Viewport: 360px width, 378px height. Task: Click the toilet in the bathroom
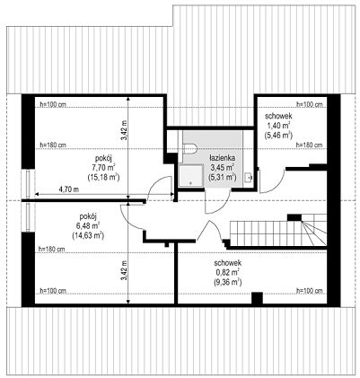coord(190,148)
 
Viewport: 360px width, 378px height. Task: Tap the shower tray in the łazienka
coord(191,176)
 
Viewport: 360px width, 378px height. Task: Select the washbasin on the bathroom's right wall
coord(249,177)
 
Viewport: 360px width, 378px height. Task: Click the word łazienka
coord(222,158)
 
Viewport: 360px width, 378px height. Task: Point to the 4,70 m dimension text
coord(69,189)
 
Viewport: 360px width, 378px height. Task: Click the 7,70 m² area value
coord(104,167)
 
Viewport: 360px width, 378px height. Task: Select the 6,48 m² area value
coord(88,225)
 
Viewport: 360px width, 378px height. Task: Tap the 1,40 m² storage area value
coord(278,126)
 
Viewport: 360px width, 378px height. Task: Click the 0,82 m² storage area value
coord(228,272)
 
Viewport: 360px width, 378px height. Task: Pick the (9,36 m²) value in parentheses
coord(228,282)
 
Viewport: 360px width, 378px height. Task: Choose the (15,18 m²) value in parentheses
coord(104,177)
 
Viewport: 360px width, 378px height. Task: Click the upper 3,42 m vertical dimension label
coord(124,130)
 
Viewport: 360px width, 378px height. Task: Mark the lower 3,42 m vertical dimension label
coord(124,271)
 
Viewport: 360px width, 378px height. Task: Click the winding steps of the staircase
coord(314,230)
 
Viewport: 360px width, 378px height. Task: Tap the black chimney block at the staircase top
coord(294,217)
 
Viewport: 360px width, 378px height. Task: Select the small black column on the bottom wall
coord(257,298)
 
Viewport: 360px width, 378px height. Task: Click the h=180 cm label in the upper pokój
coord(53,145)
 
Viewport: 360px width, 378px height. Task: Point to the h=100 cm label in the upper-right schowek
coord(310,104)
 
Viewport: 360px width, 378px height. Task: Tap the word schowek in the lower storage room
coord(228,263)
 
